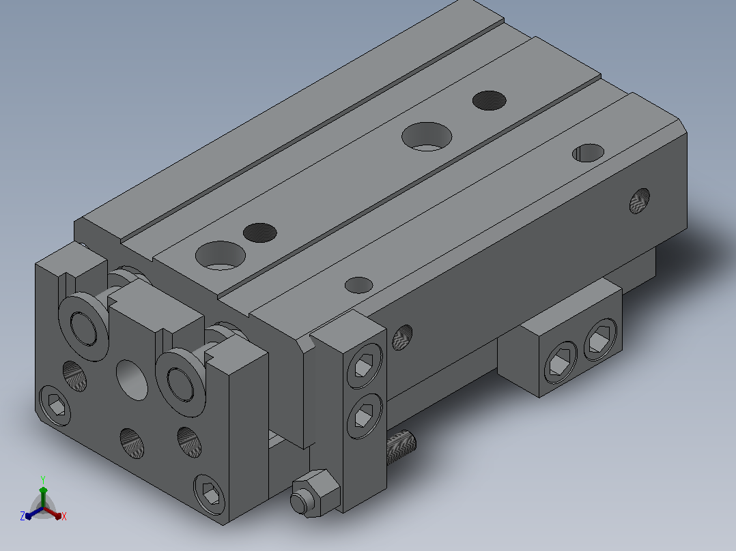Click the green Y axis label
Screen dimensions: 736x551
[43, 479]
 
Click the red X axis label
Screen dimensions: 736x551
[64, 516]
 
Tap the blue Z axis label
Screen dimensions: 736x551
[23, 516]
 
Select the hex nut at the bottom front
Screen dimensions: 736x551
[315, 494]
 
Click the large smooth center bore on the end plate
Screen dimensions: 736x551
[132, 380]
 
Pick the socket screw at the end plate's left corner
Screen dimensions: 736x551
[55, 406]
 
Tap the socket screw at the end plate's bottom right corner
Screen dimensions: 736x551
[210, 494]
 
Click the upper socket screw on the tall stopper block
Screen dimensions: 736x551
[365, 366]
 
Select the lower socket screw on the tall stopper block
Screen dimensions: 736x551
[365, 416]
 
